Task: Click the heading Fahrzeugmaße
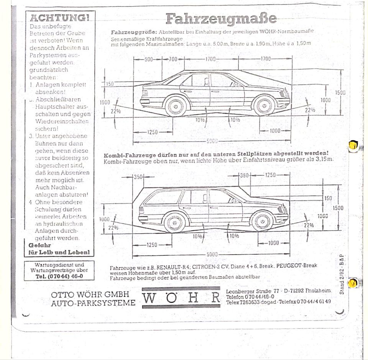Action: coord(221,18)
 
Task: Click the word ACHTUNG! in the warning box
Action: coord(59,18)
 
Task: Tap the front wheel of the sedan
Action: coord(264,106)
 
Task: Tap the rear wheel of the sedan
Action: coord(176,106)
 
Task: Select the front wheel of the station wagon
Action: coord(262,221)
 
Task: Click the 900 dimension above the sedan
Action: coord(148,59)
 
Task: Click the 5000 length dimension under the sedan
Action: coord(212,141)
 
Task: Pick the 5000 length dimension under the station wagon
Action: coord(212,254)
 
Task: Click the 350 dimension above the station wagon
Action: coord(138,177)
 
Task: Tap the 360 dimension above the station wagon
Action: coord(244,175)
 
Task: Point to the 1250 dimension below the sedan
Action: coord(152,132)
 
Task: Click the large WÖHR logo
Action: coord(181,298)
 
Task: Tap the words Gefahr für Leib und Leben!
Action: coord(59,249)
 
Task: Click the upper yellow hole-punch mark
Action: coord(353,146)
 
